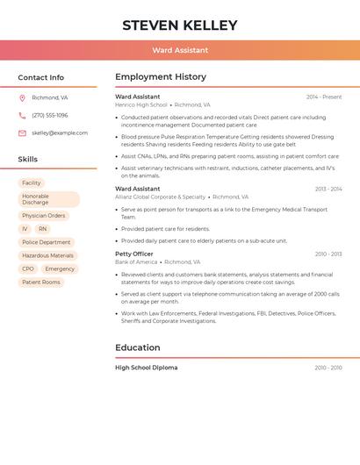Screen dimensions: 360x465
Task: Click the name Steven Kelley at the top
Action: point(180,25)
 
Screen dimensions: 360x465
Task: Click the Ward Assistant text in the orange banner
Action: point(180,51)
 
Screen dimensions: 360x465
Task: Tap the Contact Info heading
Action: point(41,77)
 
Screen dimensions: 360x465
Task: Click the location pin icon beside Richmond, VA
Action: point(22,98)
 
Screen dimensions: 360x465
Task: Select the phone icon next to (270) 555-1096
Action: point(22,115)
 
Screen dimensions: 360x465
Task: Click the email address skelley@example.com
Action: point(60,133)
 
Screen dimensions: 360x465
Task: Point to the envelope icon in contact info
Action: point(22,133)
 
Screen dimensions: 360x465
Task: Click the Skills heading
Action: point(28,160)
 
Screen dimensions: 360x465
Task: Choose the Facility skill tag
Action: point(32,183)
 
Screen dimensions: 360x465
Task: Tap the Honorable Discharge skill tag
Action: point(48,199)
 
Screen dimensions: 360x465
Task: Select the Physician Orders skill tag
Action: point(44,216)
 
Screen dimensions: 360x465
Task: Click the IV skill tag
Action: point(25,229)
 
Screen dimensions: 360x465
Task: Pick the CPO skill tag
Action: point(28,269)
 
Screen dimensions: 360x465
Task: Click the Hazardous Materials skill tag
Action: point(47,255)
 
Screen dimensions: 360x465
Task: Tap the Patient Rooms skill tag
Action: point(41,283)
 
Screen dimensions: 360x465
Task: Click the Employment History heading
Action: point(161,77)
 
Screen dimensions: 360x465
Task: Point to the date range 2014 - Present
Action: point(324,97)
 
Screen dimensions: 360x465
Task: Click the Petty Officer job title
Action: point(134,254)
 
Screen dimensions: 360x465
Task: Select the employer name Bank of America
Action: point(136,261)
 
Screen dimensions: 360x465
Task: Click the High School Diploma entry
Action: point(146,368)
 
